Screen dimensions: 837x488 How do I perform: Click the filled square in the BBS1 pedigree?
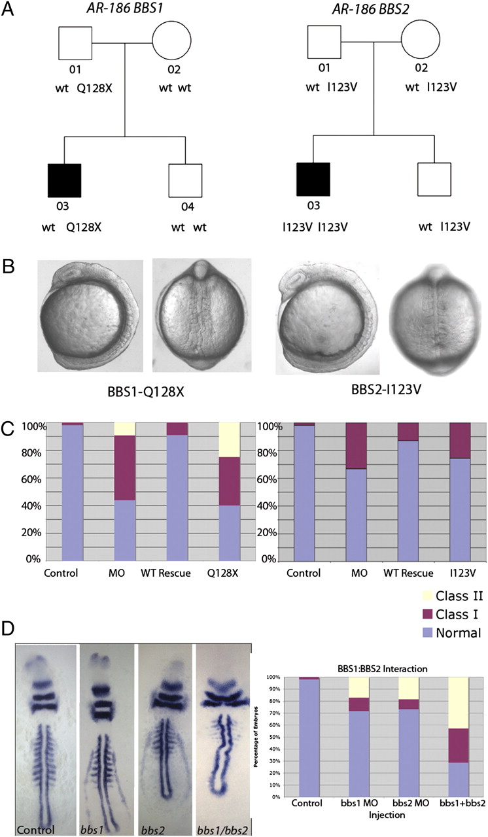point(64,180)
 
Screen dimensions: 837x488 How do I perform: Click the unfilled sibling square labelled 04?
point(185,180)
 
